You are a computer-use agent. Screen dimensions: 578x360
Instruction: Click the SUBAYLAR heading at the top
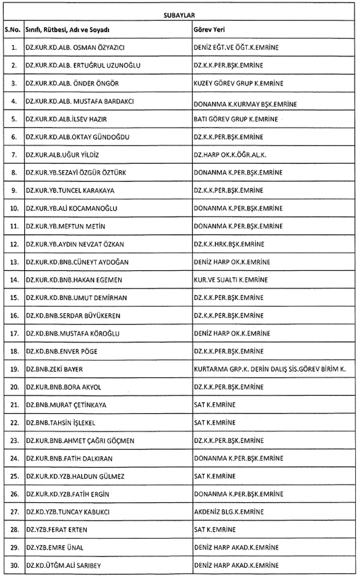179,16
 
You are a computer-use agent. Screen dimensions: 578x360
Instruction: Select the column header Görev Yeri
208,30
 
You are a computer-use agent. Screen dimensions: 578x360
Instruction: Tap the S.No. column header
12,30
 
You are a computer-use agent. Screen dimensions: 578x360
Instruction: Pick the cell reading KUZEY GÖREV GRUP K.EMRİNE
239,83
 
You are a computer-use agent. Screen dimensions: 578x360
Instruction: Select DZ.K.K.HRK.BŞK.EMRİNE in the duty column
229,244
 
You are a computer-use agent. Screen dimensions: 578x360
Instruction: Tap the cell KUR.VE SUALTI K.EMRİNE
231,279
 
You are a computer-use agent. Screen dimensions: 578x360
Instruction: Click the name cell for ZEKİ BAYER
55,369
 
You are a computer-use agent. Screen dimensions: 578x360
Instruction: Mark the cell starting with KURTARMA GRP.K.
270,369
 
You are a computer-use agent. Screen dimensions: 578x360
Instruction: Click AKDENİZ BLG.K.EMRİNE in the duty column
231,511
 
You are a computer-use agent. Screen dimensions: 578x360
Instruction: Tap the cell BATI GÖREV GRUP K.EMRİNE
236,119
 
